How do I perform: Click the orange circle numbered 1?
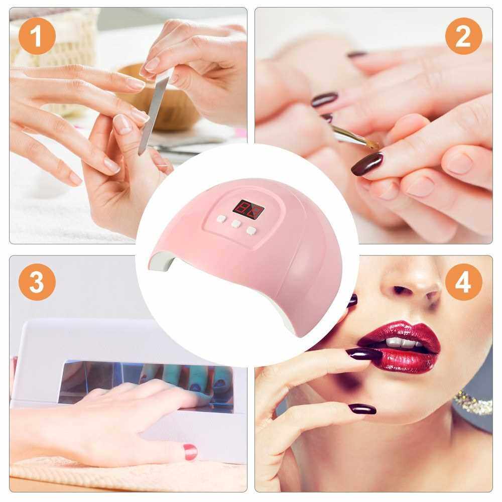(37, 36)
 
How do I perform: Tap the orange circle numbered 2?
(463, 36)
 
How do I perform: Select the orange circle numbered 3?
(37, 282)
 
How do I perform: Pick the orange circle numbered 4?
(463, 282)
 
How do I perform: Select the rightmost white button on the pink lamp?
(252, 230)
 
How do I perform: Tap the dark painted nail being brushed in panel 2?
(367, 164)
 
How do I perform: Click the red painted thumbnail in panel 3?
(190, 452)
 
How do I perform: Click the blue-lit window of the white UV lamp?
(146, 383)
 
